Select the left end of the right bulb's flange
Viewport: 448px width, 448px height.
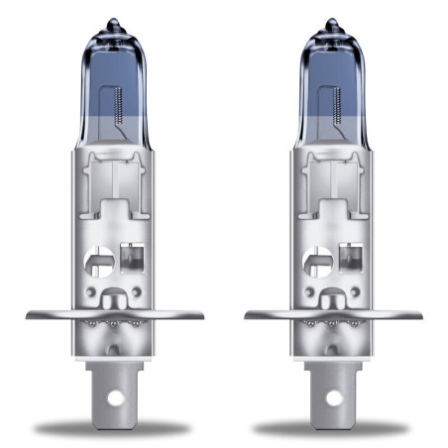click(249, 315)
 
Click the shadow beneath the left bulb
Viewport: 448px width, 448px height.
click(114, 429)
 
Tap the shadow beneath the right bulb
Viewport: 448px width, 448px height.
click(332, 429)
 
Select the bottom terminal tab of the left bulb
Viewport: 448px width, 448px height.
click(115, 387)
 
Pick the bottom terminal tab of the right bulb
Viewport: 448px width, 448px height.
click(333, 387)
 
